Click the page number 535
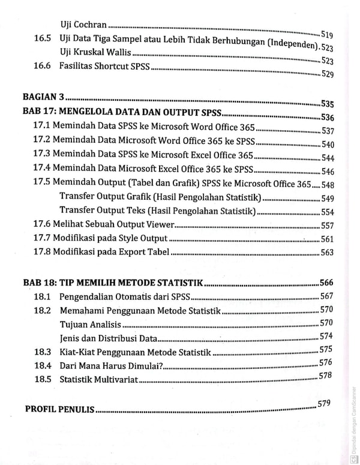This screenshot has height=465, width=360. tap(328, 103)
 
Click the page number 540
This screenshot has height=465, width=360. tap(328, 144)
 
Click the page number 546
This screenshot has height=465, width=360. tap(328, 172)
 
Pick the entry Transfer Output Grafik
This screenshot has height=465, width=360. tap(160, 197)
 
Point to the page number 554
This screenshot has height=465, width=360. tap(328, 212)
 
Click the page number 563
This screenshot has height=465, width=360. tap(327, 253)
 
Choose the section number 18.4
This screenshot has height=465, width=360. tap(43, 365)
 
